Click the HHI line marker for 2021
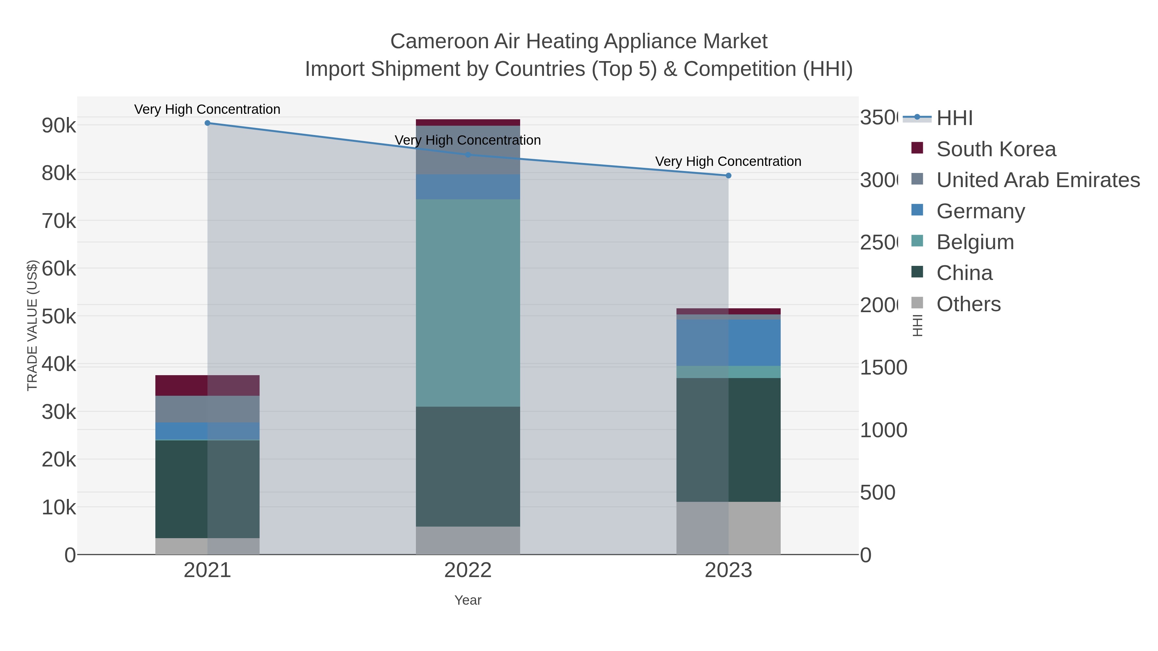207,123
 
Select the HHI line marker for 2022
467,155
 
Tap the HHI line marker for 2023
728,176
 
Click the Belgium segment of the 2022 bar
467,303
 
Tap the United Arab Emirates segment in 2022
467,150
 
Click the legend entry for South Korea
996,149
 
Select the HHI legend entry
954,118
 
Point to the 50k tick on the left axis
59,317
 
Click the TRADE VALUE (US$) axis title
32,325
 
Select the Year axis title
467,600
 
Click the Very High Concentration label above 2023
728,161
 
